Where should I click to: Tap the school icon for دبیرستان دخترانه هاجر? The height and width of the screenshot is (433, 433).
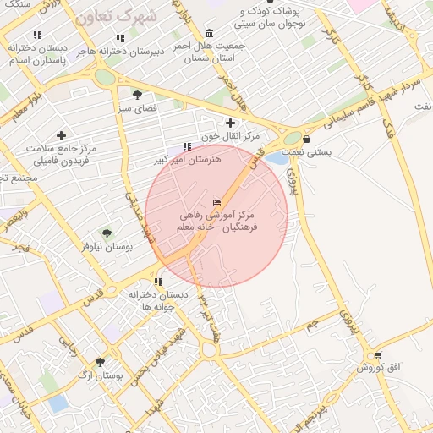click(x=120, y=38)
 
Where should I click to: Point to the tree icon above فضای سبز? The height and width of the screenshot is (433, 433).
click(x=137, y=95)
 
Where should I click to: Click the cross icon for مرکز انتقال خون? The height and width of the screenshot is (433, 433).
click(x=230, y=123)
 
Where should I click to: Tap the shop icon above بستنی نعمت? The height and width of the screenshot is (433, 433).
click(x=305, y=139)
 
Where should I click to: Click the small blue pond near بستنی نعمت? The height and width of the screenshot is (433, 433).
click(x=276, y=157)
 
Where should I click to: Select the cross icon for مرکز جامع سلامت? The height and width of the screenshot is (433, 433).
click(x=61, y=135)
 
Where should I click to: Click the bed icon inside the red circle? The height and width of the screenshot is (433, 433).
click(x=216, y=202)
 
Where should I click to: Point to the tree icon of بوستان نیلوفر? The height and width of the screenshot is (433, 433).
click(x=107, y=233)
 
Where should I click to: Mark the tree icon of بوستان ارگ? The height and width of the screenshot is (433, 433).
click(x=101, y=361)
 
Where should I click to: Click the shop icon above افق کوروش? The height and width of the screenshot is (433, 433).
click(x=377, y=355)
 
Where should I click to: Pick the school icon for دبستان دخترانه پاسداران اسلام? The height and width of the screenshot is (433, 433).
click(x=37, y=35)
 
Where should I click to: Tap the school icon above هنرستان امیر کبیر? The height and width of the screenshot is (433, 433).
click(x=187, y=146)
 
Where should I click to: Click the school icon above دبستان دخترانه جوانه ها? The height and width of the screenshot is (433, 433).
click(x=157, y=282)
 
